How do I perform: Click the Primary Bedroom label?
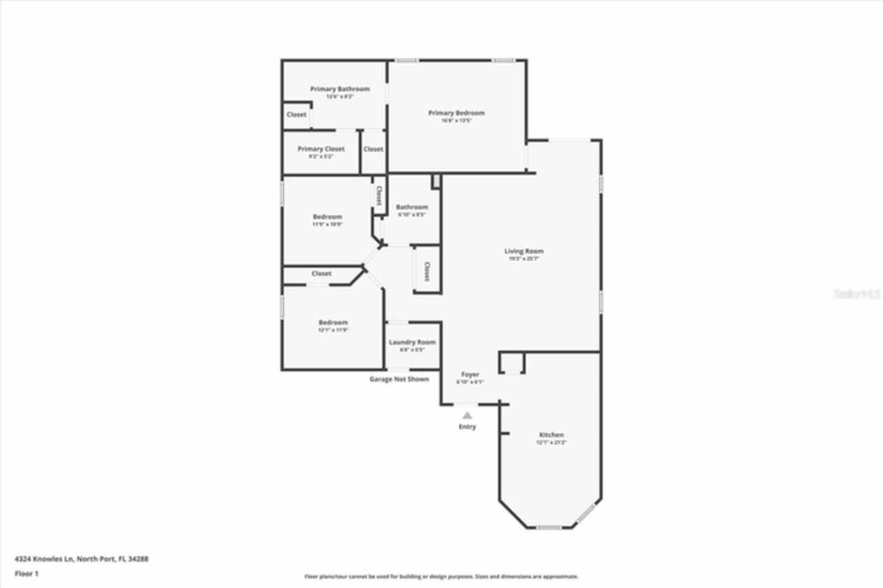click(456, 112)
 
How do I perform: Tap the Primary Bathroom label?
click(339, 89)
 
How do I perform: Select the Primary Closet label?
click(321, 149)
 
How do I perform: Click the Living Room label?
click(524, 251)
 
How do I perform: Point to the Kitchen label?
click(551, 435)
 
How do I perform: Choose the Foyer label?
click(470, 375)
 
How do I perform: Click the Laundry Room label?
click(412, 342)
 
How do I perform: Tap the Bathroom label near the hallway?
click(412, 207)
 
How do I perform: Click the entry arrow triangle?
click(467, 415)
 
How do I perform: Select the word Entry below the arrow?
click(467, 427)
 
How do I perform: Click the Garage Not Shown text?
click(399, 379)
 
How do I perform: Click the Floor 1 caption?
click(26, 574)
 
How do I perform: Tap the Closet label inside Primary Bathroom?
click(297, 115)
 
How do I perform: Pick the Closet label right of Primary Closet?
click(373, 149)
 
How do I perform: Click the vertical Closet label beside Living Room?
click(426, 271)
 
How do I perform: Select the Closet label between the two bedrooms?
click(321, 274)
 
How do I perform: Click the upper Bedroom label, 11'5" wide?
click(327, 217)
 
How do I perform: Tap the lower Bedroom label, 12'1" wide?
click(333, 322)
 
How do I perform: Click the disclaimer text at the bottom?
click(441, 576)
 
